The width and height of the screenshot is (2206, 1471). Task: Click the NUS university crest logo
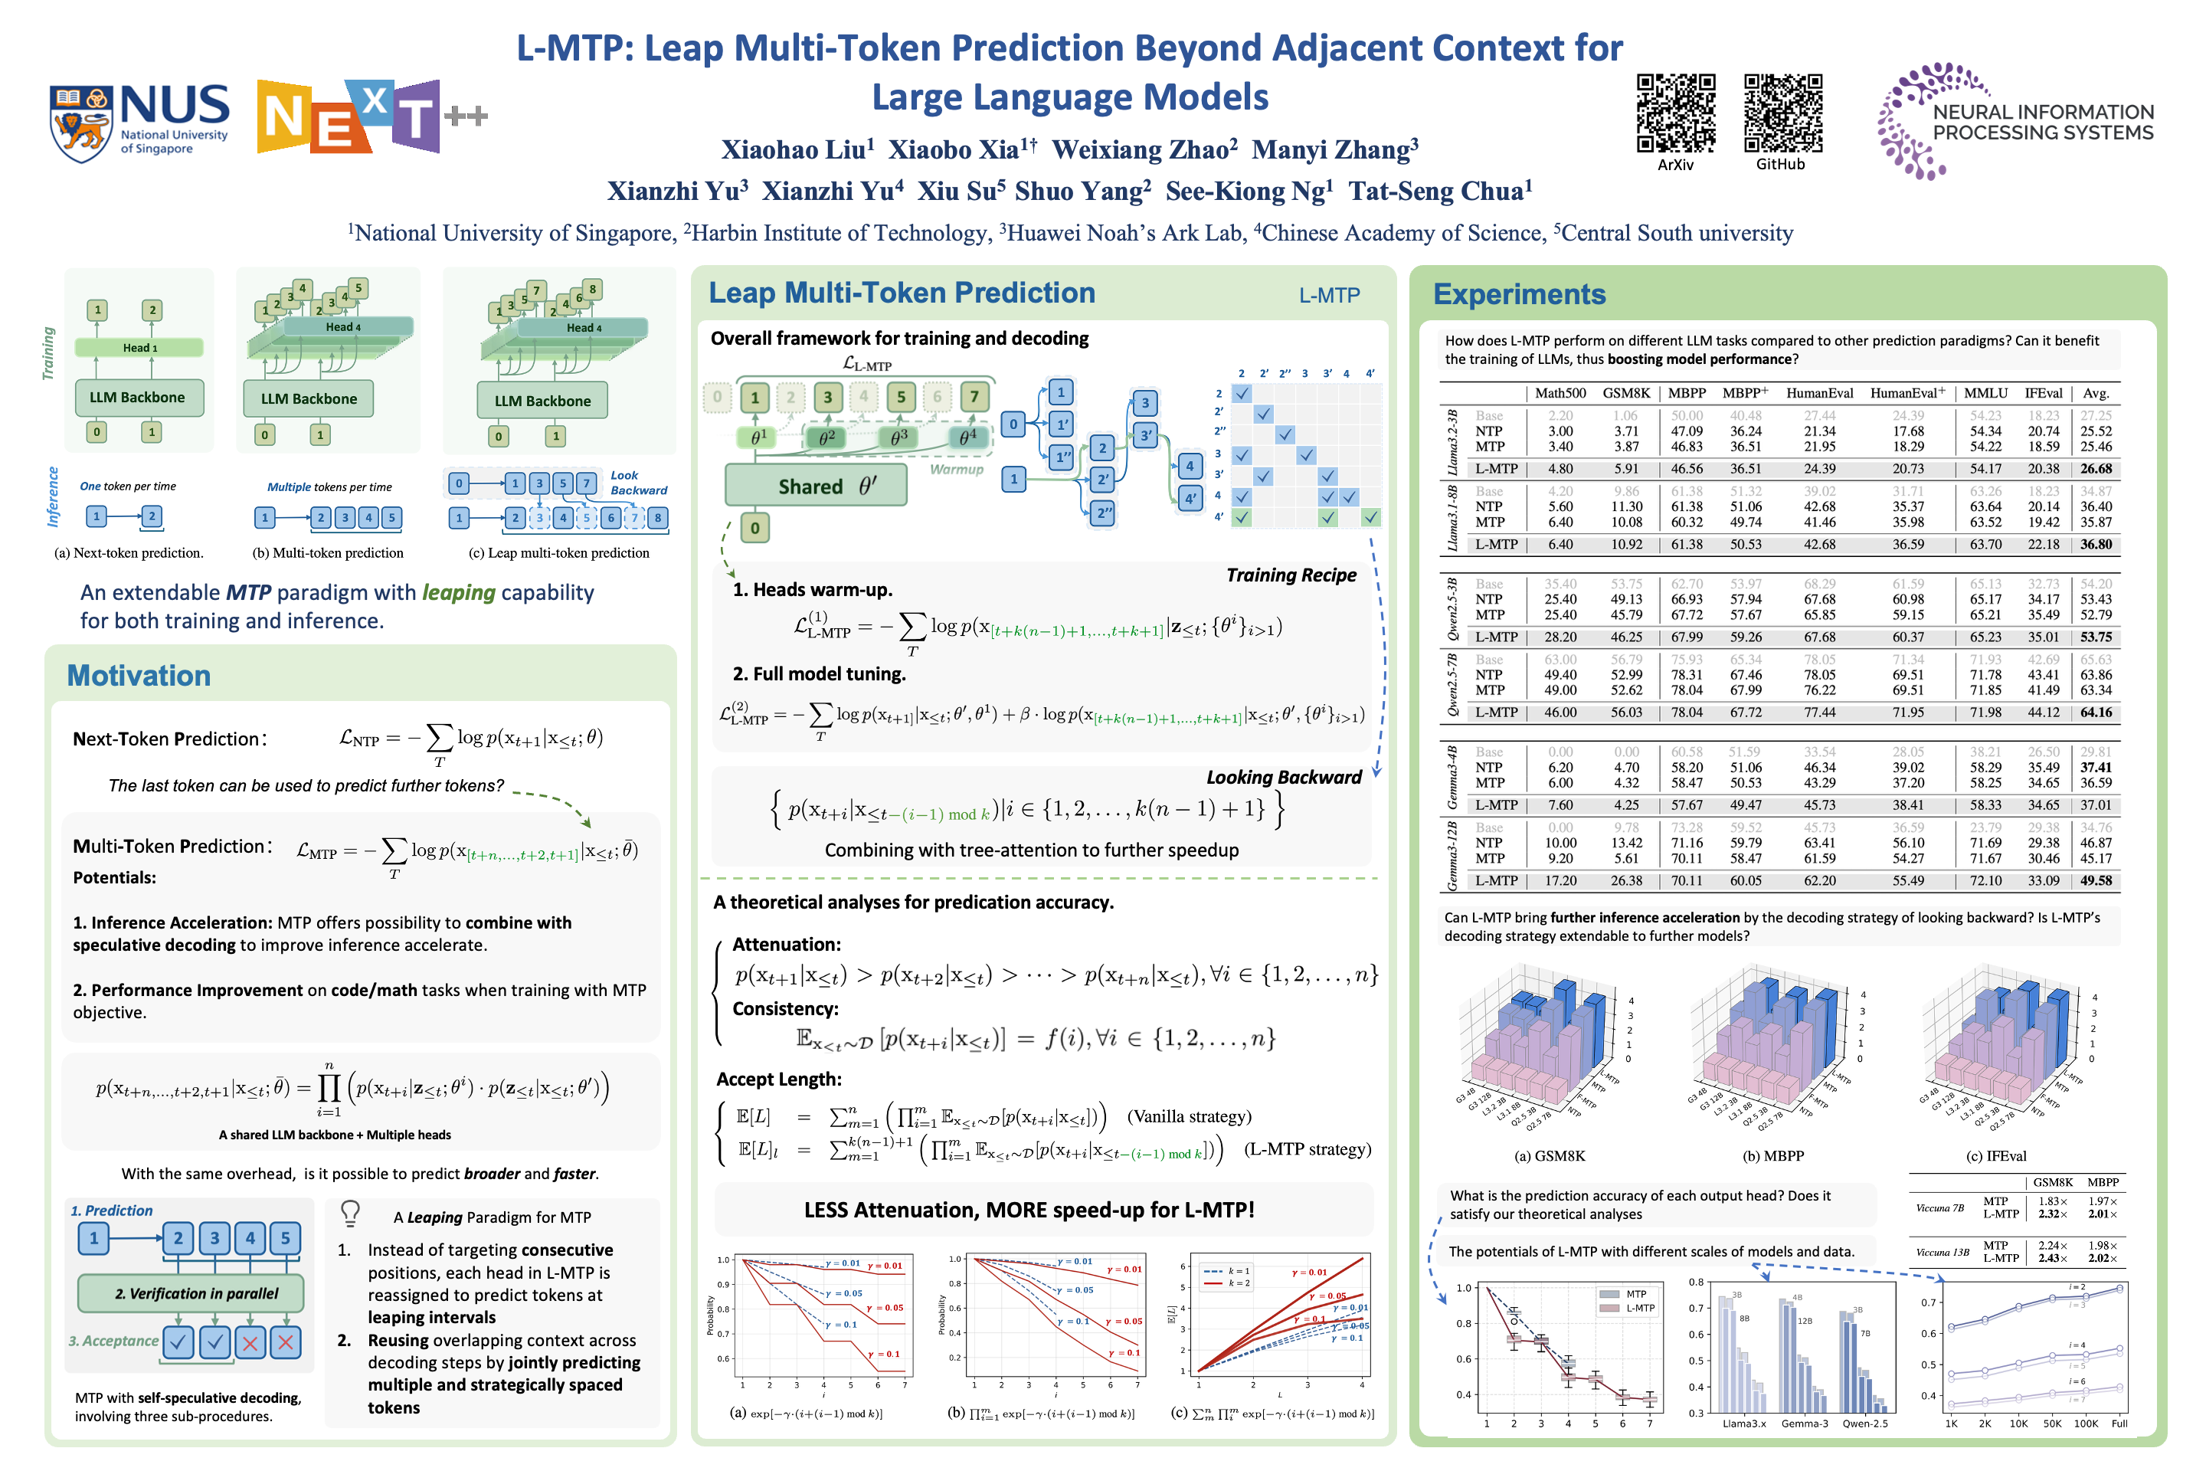pos(82,122)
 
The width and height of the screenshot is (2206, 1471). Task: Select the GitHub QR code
pos(1782,113)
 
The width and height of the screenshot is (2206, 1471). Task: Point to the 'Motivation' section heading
pos(139,676)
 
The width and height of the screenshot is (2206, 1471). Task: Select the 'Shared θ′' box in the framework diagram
pos(815,486)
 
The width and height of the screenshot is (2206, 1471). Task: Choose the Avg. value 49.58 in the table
pos(2096,881)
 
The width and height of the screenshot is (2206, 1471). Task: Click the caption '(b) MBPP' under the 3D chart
pos(1772,1156)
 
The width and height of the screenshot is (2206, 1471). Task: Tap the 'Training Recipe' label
pos(1291,575)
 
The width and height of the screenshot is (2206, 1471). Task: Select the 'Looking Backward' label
pos(1283,777)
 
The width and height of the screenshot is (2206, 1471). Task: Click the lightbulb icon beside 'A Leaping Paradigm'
pos(350,1213)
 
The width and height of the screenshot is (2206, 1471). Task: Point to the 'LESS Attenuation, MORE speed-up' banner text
pos(1029,1211)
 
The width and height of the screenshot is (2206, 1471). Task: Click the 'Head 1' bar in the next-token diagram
pos(139,348)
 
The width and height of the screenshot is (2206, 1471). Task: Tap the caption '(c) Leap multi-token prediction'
pos(559,552)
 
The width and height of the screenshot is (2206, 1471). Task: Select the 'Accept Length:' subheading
pos(778,1079)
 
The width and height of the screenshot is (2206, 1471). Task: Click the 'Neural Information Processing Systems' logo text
pos(2042,122)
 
